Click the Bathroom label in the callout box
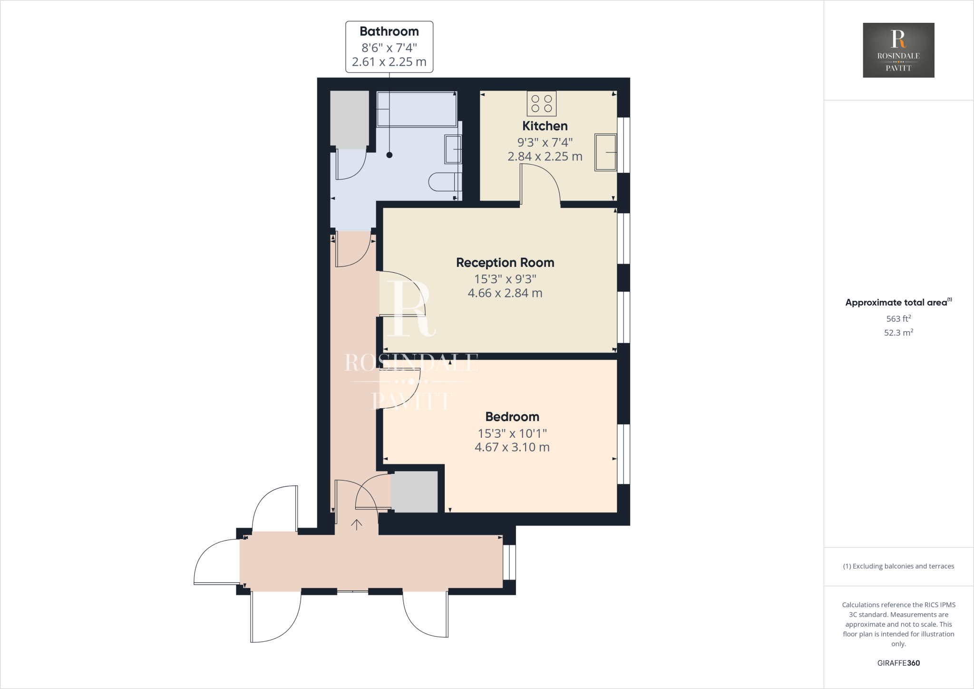pos(389,32)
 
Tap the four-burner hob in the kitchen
pos(541,104)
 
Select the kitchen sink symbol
pos(605,152)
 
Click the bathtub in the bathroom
pos(417,109)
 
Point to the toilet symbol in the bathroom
pos(444,182)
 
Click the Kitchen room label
pos(545,126)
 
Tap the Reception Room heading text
pos(505,263)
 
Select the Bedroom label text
pos(512,417)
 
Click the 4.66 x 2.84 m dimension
pos(505,294)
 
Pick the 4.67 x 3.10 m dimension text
pos(512,447)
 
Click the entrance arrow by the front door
pos(356,524)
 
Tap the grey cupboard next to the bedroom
pos(414,492)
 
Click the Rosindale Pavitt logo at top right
pos(898,50)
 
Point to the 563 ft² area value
pos(898,319)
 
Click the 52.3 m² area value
pos(898,333)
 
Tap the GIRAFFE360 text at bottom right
pos(898,663)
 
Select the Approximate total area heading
pos(896,303)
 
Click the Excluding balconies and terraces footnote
pos(898,566)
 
